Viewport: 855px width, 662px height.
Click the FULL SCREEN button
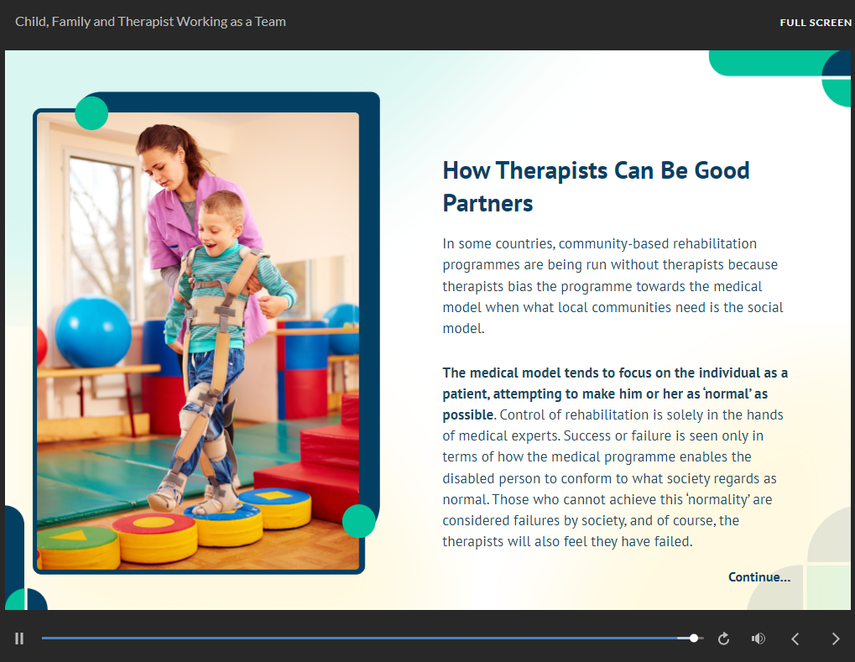(816, 23)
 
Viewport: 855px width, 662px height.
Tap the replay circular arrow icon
(723, 639)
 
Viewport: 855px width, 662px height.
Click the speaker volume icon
(758, 639)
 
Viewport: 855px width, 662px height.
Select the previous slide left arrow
(795, 639)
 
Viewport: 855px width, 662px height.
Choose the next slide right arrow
(836, 639)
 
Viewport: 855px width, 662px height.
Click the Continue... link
(759, 577)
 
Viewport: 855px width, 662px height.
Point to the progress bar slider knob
(694, 638)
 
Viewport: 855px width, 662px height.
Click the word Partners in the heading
(487, 203)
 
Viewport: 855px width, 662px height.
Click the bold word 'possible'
(468, 415)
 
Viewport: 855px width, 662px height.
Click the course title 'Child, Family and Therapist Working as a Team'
(150, 22)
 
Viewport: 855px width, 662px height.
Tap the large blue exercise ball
(93, 331)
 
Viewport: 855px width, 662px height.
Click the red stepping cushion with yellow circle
(154, 537)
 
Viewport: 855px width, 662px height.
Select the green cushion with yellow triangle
(77, 547)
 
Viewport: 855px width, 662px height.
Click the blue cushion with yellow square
(275, 507)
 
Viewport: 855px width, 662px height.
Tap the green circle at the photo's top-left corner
(91, 113)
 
